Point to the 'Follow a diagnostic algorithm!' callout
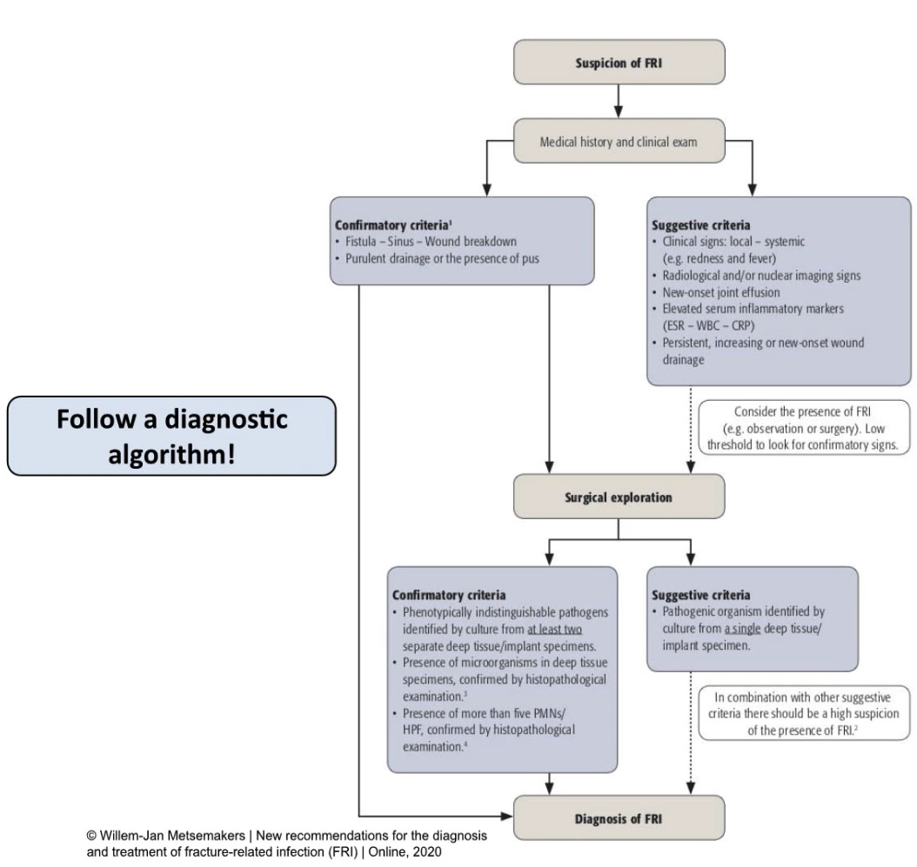coord(171,436)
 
